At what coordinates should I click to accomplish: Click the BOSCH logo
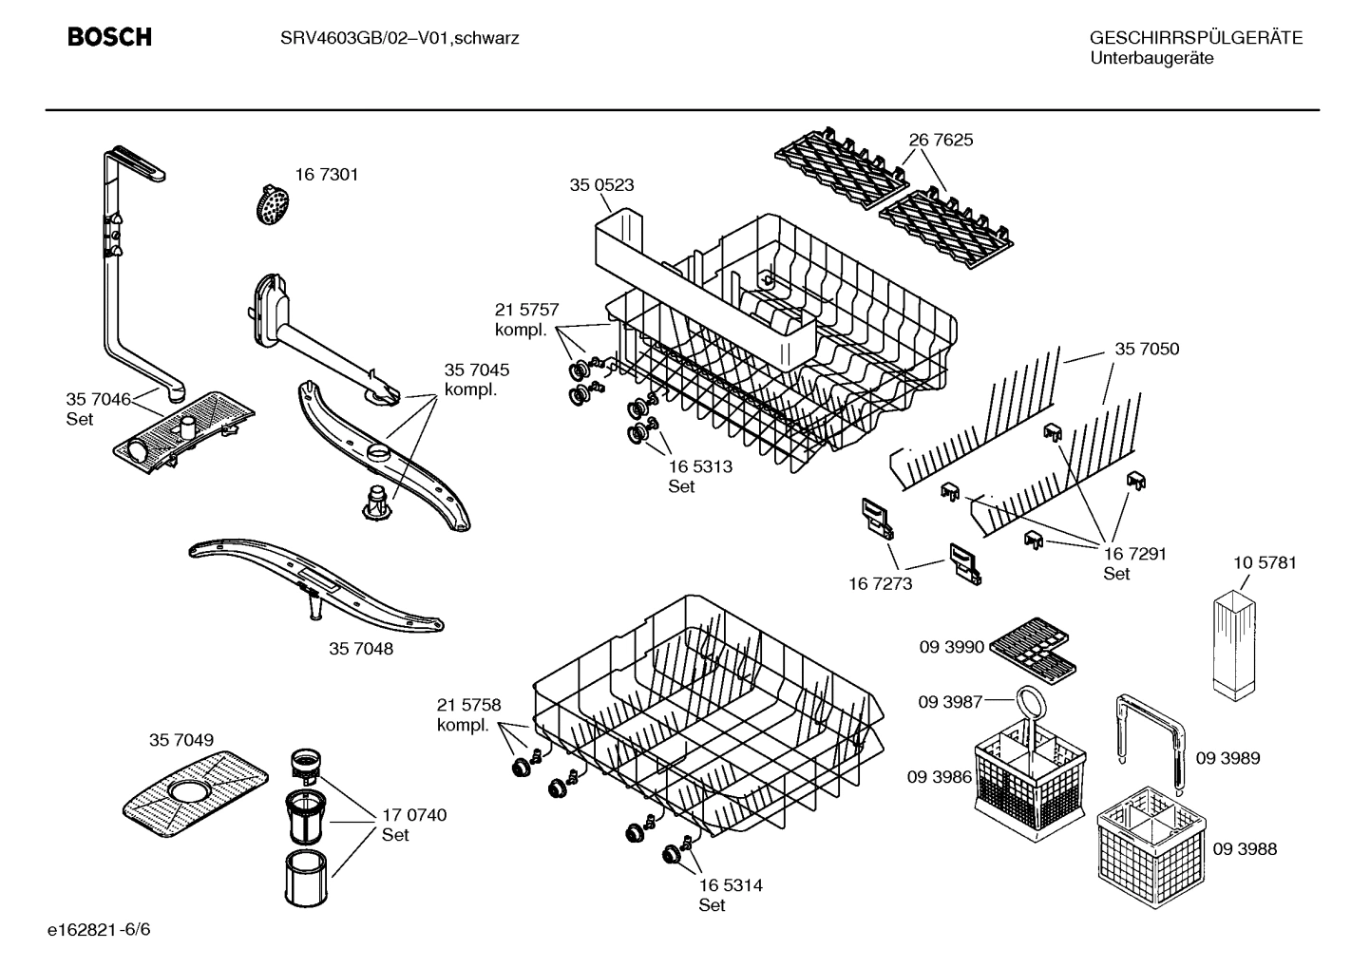[x=109, y=38]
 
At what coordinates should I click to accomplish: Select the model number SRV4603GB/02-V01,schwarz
[x=399, y=39]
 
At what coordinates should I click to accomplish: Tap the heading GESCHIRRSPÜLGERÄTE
[x=1195, y=38]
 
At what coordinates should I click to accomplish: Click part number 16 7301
[x=327, y=175]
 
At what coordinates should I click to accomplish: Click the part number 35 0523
[x=601, y=185]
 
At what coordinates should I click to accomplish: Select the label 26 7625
[x=941, y=140]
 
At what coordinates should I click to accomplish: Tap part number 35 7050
[x=1147, y=349]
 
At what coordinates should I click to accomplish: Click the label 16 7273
[x=880, y=583]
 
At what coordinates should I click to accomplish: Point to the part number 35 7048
[x=361, y=650]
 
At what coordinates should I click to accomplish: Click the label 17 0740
[x=414, y=815]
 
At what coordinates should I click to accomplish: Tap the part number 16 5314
[x=731, y=885]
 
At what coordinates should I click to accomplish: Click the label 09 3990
[x=951, y=647]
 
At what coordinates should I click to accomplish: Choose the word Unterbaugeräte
[x=1151, y=59]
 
